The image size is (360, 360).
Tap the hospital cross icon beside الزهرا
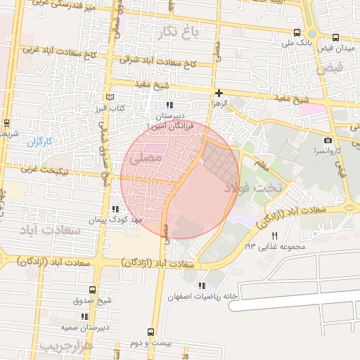(x=219, y=93)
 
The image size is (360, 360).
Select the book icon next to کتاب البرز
(x=108, y=98)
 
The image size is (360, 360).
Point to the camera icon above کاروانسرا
(x=328, y=141)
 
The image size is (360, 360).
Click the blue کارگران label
(x=40, y=141)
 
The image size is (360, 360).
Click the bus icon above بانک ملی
(x=297, y=33)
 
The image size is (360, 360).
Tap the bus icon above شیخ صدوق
(x=92, y=290)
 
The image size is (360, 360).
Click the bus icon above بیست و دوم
(x=150, y=332)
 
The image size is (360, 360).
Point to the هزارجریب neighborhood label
(x=65, y=347)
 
